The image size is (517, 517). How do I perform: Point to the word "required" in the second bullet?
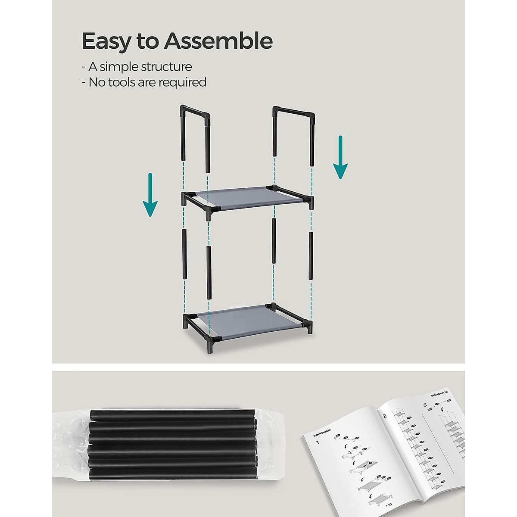click(x=183, y=82)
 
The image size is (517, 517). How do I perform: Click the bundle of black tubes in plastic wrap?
click(x=172, y=445)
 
